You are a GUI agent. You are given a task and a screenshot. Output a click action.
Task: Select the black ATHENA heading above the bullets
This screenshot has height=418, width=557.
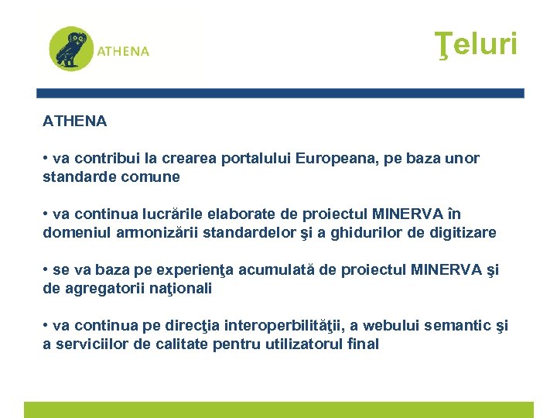click(x=75, y=122)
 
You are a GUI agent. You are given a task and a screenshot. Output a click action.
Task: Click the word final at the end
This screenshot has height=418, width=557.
click(x=363, y=344)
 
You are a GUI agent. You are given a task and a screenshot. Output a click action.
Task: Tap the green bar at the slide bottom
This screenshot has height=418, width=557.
click(x=278, y=410)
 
